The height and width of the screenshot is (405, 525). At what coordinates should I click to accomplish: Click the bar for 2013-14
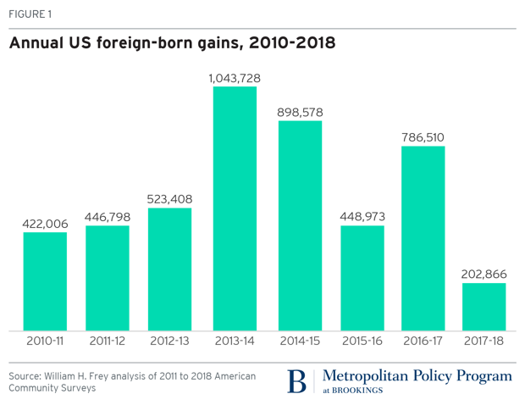(235, 208)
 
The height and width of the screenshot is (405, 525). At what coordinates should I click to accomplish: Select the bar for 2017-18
(484, 307)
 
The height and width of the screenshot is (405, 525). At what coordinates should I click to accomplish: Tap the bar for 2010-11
(45, 281)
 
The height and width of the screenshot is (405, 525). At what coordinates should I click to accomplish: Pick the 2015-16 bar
(362, 278)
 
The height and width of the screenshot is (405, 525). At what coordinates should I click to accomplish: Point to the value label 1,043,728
(235, 78)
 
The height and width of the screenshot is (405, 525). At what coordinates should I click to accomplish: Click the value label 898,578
(300, 112)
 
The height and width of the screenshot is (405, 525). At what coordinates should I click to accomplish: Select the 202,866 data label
(484, 274)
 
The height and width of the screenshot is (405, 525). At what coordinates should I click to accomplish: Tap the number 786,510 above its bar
(423, 136)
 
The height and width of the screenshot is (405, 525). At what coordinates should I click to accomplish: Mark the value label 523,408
(170, 199)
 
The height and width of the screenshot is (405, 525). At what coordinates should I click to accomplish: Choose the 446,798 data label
(108, 217)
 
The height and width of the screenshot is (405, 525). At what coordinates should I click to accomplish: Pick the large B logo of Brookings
(296, 381)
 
